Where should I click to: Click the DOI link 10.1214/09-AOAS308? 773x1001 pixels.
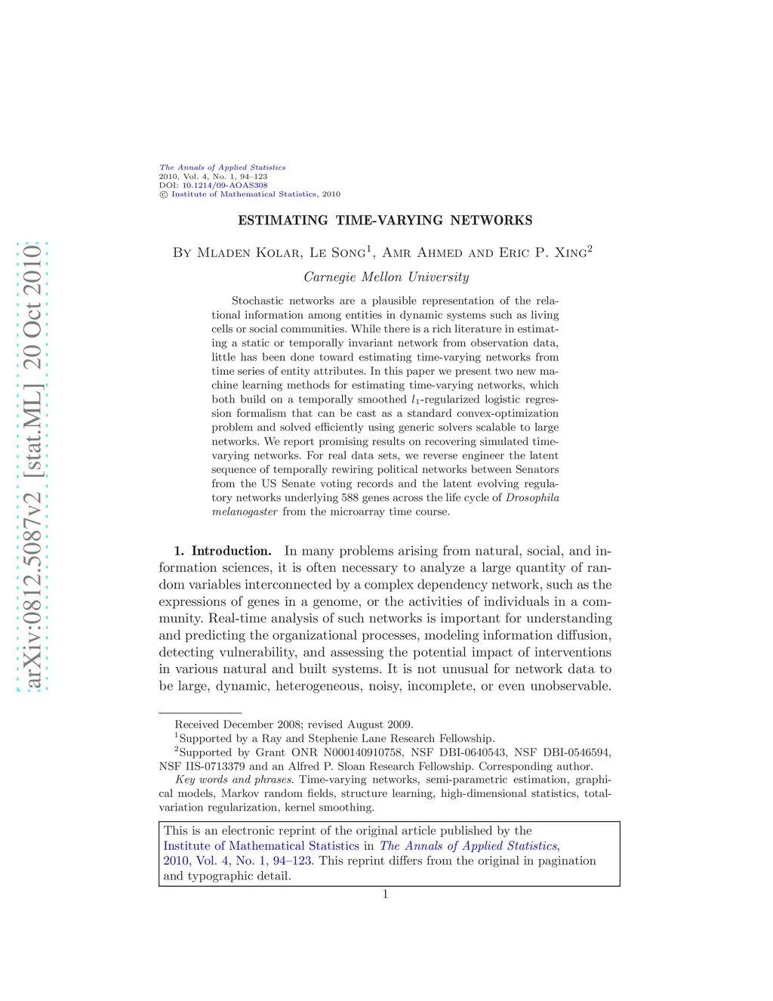point(224,185)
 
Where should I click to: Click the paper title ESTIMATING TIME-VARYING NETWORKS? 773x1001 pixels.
point(385,221)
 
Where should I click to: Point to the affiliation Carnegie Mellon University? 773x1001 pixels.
point(386,277)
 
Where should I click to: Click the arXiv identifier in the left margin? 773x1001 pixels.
point(33,466)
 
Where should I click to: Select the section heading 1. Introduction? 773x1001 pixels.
point(223,551)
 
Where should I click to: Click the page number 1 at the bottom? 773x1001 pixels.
point(385,894)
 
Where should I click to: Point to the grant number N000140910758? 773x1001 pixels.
point(362,752)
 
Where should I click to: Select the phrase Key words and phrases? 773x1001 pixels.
point(234,780)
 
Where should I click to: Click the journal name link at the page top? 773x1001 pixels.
point(222,167)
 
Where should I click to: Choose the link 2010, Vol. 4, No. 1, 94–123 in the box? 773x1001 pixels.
point(238,861)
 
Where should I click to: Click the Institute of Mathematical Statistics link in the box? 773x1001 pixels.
point(261,846)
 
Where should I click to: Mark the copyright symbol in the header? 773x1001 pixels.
point(163,194)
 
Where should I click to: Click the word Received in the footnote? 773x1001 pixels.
point(198,724)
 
